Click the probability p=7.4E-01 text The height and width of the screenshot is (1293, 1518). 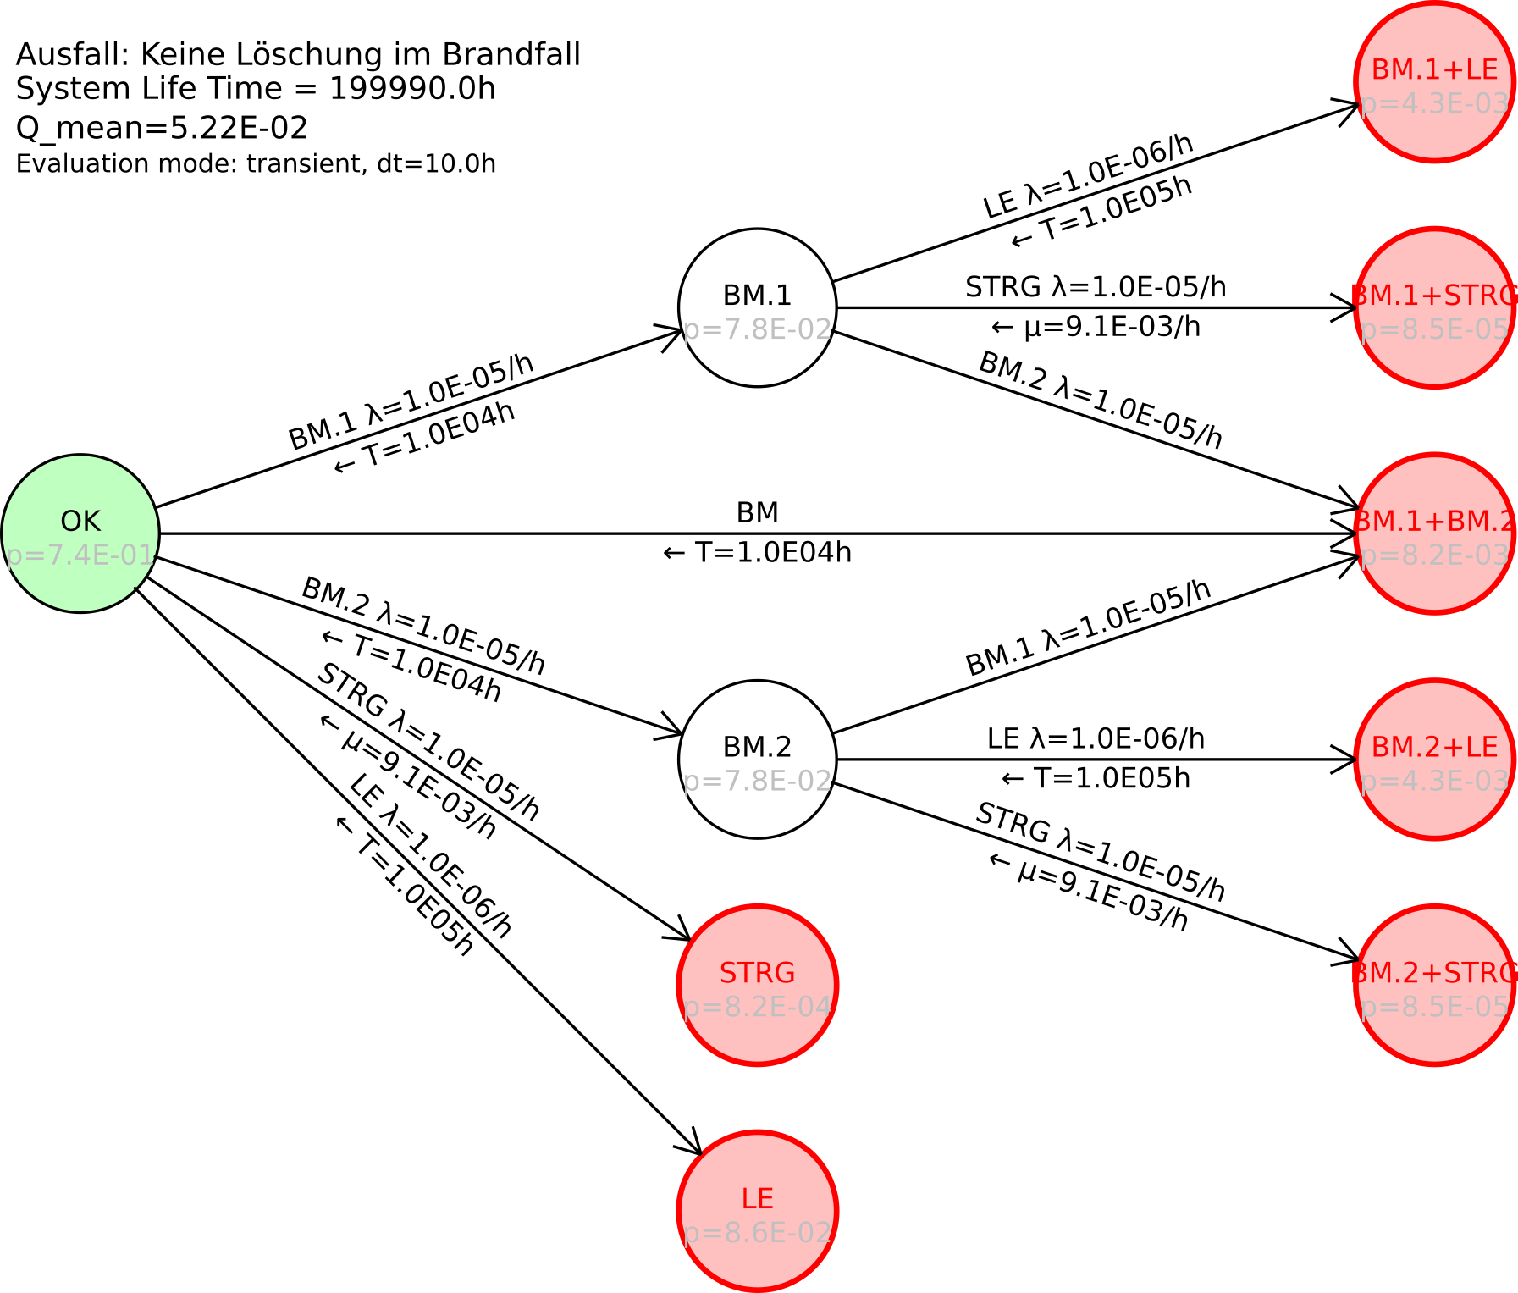pyautogui.click(x=80, y=556)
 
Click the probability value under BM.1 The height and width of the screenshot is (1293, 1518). pyautogui.click(x=757, y=329)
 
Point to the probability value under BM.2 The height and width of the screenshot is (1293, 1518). pyautogui.click(x=757, y=781)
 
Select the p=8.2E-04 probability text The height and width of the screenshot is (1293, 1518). pyautogui.click(x=757, y=1007)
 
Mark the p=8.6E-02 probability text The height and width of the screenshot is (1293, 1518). pyautogui.click(x=757, y=1233)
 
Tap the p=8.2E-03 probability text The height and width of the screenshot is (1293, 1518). pyautogui.click(x=1434, y=555)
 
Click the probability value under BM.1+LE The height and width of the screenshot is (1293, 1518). pyautogui.click(x=1434, y=104)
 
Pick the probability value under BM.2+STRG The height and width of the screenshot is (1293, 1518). pyautogui.click(x=1434, y=1007)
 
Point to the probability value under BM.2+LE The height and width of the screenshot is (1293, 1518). pyautogui.click(x=1434, y=781)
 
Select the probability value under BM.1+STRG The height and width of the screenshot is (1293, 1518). pyautogui.click(x=1434, y=329)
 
